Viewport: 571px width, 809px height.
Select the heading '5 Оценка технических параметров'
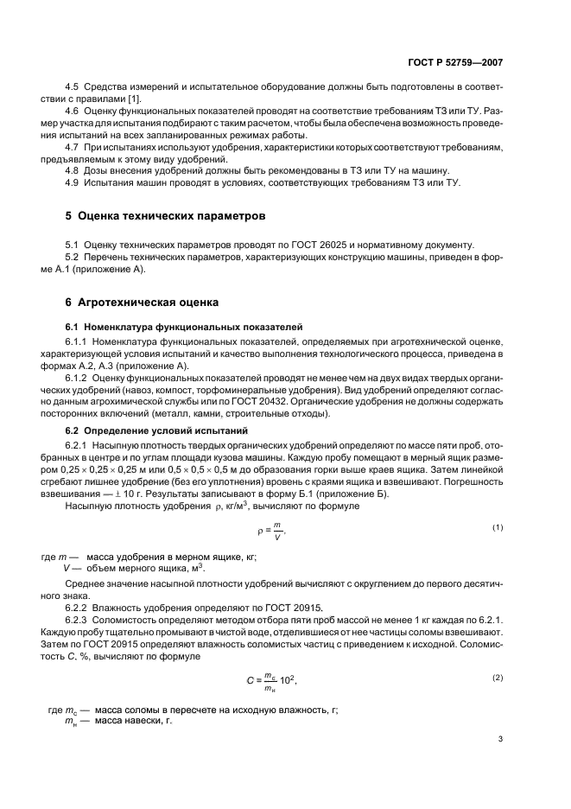(x=160, y=214)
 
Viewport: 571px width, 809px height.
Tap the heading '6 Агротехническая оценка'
(x=138, y=303)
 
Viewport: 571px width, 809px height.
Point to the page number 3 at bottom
(x=500, y=739)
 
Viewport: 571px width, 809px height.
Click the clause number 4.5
(x=73, y=89)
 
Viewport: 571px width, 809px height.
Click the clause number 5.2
(x=73, y=258)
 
